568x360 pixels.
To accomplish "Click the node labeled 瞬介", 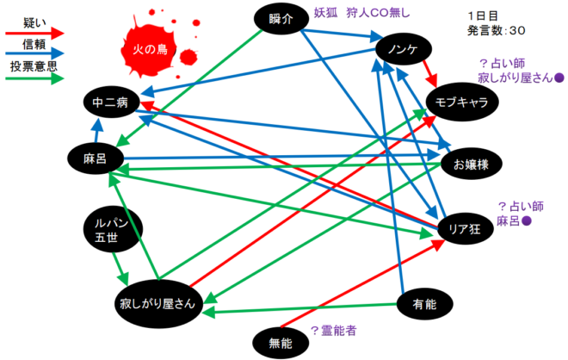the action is click(x=281, y=19).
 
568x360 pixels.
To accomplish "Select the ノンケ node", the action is click(x=404, y=49).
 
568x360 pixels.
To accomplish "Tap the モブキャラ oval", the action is click(x=462, y=102).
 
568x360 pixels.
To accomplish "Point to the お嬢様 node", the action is click(x=471, y=164).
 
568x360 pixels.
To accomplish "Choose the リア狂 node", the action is click(x=465, y=228).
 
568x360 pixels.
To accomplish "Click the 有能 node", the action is click(x=424, y=304).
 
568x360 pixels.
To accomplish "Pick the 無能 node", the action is click(x=281, y=343).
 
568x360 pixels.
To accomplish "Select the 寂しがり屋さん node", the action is click(x=158, y=304).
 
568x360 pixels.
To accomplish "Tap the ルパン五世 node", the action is click(x=113, y=229).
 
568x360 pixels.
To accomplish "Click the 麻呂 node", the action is click(x=96, y=158).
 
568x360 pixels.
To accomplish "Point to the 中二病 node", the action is click(x=111, y=102).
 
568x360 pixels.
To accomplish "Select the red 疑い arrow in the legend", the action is click(x=34, y=34).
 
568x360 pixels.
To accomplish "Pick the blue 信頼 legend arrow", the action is click(x=34, y=53).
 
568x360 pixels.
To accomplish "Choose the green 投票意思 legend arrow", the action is click(x=34, y=78).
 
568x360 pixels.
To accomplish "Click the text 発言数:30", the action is click(x=497, y=30).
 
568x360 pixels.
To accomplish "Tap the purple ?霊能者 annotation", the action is click(x=334, y=331).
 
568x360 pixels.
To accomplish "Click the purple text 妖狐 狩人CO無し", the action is click(x=361, y=13).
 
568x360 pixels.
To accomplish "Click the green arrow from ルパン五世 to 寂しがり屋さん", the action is click(x=120, y=269).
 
